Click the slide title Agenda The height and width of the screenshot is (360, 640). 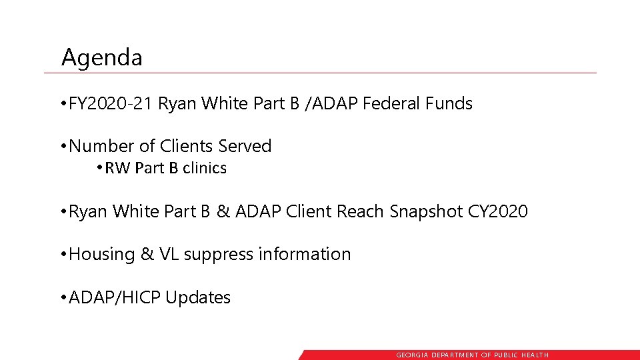tap(101, 58)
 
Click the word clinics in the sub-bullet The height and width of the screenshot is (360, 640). tap(204, 169)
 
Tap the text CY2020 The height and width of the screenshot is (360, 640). tap(498, 212)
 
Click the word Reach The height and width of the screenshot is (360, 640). tap(361, 212)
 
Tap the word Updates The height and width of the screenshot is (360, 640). tap(198, 298)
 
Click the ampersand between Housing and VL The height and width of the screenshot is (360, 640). tap(147, 254)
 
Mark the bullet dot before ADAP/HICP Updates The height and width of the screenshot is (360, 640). tap(63, 297)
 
